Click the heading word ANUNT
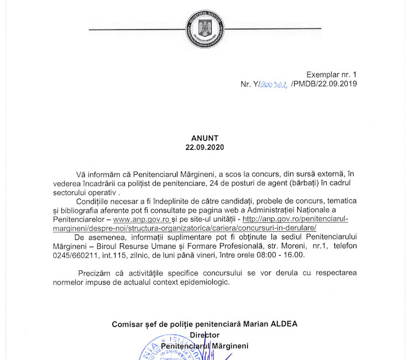[205, 138]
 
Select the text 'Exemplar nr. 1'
[332, 75]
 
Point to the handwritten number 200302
[273, 84]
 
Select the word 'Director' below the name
[204, 335]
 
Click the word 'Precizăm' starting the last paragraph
[94, 273]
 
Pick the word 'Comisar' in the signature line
[127, 324]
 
